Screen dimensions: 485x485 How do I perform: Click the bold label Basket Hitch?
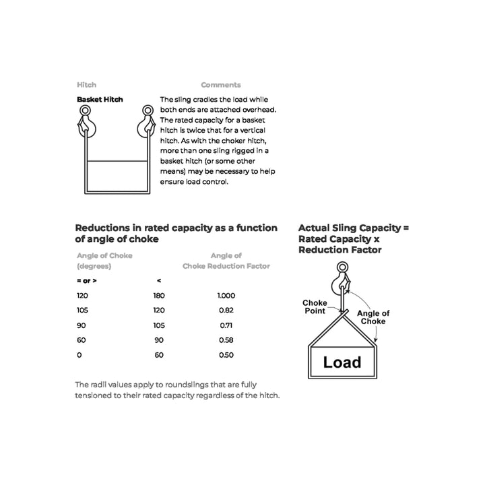click(100, 100)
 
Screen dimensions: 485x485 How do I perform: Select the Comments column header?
click(220, 85)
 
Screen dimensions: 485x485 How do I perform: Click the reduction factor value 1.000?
click(226, 296)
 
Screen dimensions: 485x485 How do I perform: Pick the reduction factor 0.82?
click(226, 311)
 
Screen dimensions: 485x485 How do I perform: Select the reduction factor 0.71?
click(226, 325)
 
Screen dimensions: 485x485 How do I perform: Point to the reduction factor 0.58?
click(226, 340)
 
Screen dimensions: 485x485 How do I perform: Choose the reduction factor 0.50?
click(226, 355)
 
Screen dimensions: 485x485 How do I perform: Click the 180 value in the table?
click(159, 296)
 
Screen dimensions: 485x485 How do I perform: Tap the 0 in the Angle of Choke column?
click(79, 355)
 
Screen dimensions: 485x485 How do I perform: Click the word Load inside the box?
click(342, 362)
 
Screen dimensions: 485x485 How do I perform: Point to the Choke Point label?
click(314, 307)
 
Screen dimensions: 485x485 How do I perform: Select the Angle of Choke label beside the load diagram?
click(373, 317)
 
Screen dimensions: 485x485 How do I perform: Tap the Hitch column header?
click(86, 85)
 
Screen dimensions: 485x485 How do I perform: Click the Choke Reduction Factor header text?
click(226, 266)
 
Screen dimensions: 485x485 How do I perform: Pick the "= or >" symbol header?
click(86, 280)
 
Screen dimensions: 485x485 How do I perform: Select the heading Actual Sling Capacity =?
click(353, 228)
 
